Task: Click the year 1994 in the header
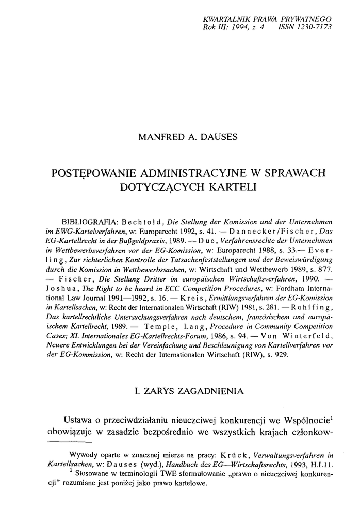233,28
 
